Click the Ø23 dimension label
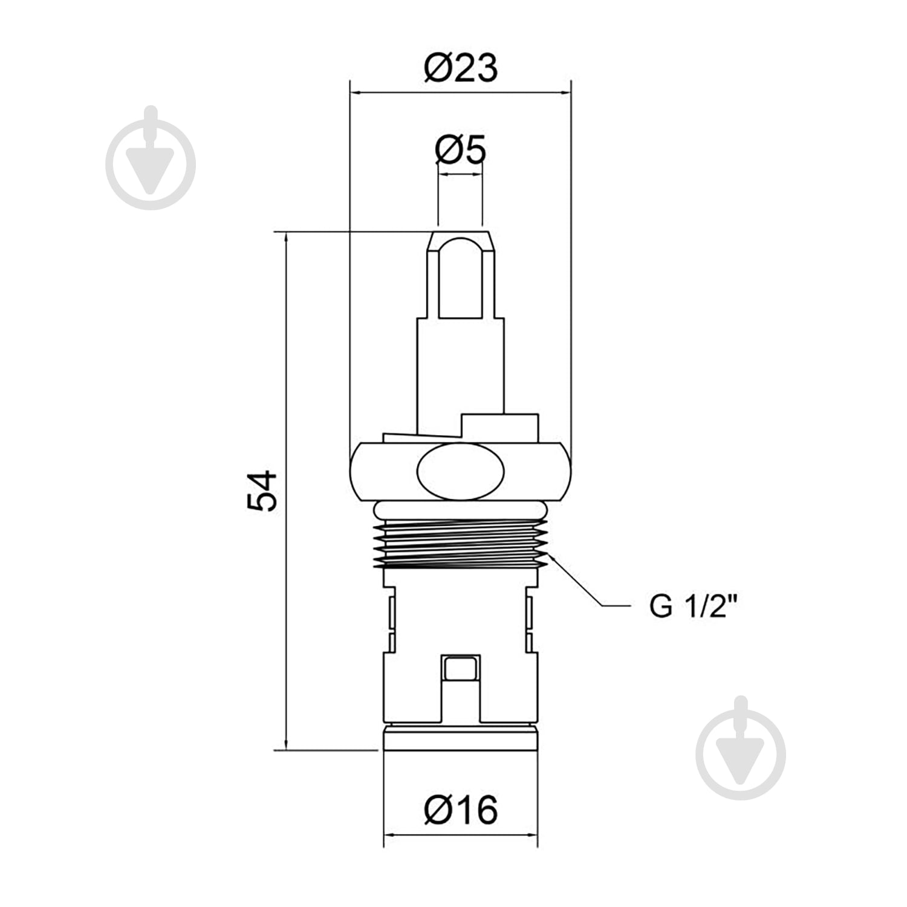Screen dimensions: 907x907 [461, 68]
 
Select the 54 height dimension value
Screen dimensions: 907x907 [262, 490]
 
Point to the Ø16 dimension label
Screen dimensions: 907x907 [461, 810]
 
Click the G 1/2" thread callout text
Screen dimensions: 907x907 [694, 605]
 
